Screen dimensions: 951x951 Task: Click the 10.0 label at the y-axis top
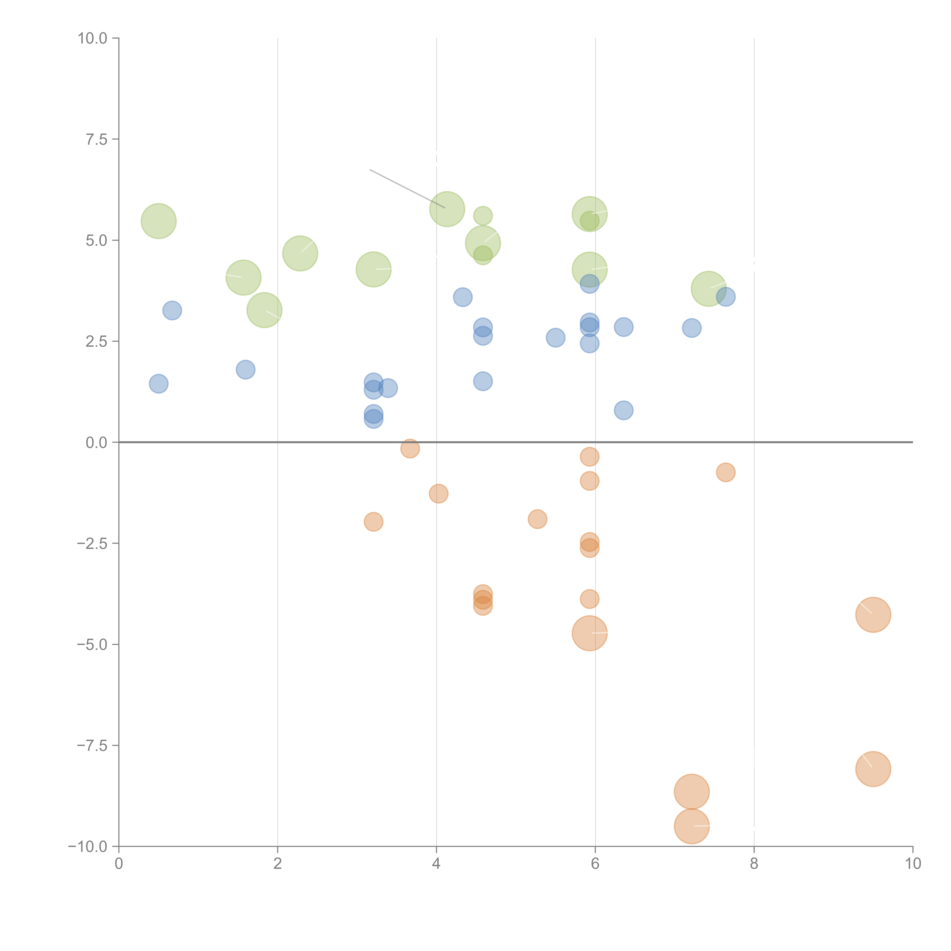[93, 38]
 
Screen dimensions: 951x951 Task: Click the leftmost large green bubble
[158, 221]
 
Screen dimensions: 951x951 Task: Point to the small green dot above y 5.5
[483, 216]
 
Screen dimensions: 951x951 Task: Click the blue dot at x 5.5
[555, 338]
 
